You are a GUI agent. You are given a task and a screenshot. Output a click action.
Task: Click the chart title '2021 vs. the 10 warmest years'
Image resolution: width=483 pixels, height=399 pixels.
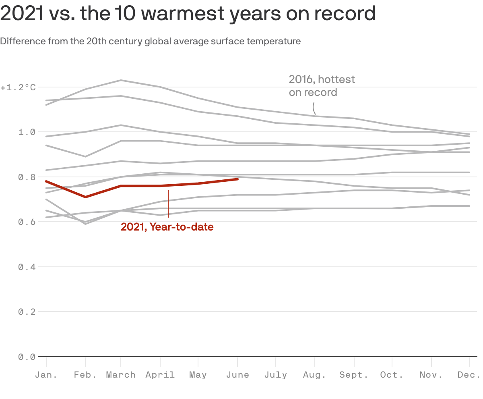tap(188, 14)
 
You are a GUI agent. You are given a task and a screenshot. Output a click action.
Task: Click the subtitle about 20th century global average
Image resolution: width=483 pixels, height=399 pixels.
tap(150, 41)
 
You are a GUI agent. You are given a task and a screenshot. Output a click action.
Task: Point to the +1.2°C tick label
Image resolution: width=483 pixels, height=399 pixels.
tap(18, 87)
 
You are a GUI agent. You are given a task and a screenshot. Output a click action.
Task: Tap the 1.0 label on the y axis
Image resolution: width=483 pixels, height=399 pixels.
tap(27, 132)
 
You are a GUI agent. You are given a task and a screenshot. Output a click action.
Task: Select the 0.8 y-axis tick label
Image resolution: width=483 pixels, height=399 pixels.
tap(27, 177)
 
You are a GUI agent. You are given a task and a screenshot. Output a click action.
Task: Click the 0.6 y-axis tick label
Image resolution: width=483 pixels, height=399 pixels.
tap(27, 222)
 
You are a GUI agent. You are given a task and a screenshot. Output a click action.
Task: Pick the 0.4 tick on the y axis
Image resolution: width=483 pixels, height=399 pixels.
tap(27, 267)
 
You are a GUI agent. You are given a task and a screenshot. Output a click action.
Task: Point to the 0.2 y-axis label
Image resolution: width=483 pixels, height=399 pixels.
tap(27, 312)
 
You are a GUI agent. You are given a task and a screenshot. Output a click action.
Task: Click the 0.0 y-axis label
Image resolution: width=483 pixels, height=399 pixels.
tap(27, 357)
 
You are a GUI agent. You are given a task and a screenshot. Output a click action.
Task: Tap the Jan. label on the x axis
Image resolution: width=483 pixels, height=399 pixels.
tap(46, 375)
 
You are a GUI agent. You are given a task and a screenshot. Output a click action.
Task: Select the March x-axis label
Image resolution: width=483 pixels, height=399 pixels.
tap(121, 375)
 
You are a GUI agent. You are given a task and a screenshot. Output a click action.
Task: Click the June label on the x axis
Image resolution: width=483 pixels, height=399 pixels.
tap(237, 375)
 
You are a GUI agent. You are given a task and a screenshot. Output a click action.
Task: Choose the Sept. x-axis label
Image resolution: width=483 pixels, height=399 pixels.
tap(354, 375)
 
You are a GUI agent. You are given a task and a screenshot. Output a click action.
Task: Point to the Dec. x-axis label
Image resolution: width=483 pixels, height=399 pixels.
tap(469, 375)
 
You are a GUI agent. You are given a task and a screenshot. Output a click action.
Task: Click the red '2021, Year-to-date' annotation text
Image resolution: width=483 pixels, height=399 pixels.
tap(167, 227)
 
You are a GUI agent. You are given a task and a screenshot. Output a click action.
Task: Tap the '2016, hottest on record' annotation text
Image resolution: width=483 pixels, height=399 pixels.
tap(322, 85)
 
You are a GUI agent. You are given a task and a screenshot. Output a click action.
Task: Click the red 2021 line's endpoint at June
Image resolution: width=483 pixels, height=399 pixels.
tap(237, 179)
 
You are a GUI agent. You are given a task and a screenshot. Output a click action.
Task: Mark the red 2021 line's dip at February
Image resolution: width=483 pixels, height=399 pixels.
tap(85, 197)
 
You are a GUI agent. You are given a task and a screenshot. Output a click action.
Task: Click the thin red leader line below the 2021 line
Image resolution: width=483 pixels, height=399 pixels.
tap(168, 204)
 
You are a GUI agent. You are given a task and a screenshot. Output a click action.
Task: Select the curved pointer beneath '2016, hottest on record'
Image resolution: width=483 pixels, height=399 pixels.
tap(314, 108)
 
